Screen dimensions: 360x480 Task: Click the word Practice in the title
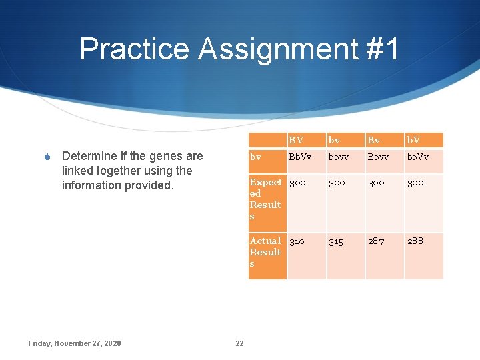click(134, 49)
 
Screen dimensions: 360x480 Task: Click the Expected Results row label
click(265, 199)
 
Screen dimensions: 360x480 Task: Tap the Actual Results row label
click(265, 252)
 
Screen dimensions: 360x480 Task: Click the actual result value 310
click(298, 241)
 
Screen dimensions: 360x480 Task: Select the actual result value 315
click(336, 241)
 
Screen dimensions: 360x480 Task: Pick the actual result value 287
click(376, 241)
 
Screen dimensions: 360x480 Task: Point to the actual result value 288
click(415, 241)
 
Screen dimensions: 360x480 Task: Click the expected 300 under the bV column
click(415, 182)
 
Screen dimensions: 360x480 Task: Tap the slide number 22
click(239, 343)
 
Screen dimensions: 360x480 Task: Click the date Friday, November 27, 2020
click(75, 343)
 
